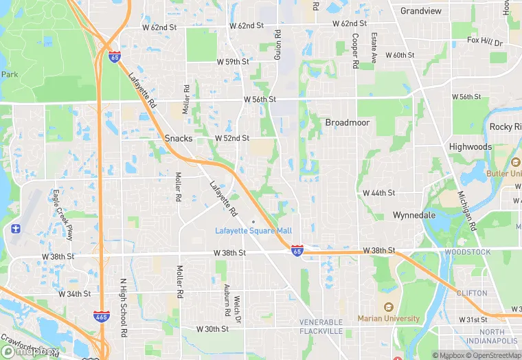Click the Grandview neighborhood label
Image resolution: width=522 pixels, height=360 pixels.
[x=421, y=11]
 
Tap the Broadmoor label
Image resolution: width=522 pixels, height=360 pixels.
[x=348, y=122]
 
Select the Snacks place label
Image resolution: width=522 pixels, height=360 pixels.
[x=179, y=138]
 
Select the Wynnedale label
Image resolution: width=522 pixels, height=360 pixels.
[x=414, y=215]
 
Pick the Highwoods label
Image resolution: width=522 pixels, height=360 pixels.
[x=470, y=147]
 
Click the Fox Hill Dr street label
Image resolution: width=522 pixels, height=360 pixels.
[x=485, y=41]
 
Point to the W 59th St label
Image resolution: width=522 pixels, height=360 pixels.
[x=233, y=62]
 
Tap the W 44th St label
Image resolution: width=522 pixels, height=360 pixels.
[x=379, y=193]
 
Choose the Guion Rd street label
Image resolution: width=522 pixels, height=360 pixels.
[x=278, y=44]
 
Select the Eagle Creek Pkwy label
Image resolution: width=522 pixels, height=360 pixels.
[x=63, y=215]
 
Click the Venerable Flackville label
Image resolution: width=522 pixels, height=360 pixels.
[x=321, y=326]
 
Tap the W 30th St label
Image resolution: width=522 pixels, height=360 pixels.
[x=212, y=329]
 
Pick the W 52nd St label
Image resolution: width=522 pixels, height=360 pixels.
[x=231, y=138]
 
